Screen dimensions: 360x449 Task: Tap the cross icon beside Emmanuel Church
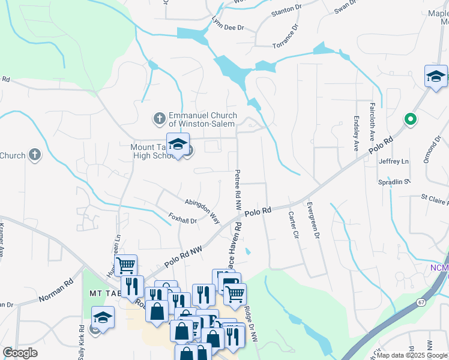point(160,118)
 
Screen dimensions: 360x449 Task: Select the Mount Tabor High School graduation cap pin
point(178,145)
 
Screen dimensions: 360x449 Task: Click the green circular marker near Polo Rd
point(411,119)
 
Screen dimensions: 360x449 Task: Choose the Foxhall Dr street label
point(183,218)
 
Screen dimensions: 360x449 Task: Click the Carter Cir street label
point(294,224)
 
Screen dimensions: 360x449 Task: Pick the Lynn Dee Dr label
point(228,28)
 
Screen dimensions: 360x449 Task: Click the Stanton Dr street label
point(286,10)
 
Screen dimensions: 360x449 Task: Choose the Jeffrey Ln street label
point(393,161)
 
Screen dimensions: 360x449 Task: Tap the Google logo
point(20,353)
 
